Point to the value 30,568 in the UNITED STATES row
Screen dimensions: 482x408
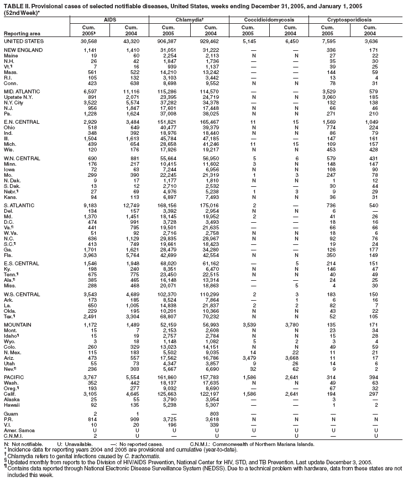pyautogui.click(x=88, y=41)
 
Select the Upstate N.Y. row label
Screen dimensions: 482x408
pyautogui.click(x=19, y=97)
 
